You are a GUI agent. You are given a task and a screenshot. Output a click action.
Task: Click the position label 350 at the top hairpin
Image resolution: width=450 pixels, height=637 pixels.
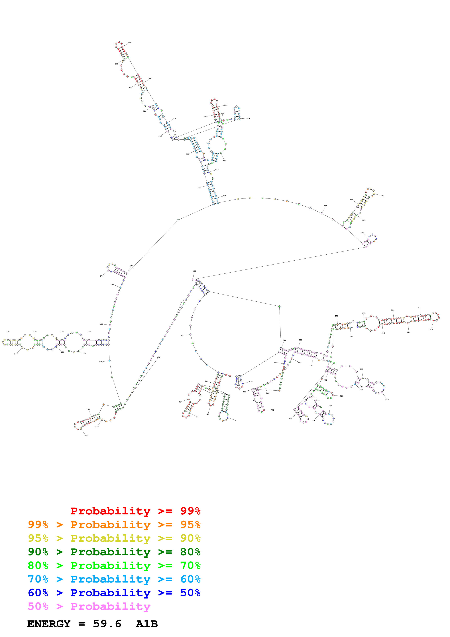[129, 43]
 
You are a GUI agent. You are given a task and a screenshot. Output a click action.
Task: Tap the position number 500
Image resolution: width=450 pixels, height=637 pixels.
[382, 196]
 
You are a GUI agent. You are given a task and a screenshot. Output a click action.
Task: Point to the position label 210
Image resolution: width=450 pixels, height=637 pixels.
[8, 332]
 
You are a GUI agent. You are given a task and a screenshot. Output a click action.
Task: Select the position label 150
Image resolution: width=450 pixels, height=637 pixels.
[86, 436]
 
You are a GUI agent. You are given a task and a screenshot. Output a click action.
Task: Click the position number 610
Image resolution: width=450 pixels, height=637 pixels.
[431, 329]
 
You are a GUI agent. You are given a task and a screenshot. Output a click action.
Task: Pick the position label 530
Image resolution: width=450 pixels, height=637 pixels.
[194, 271]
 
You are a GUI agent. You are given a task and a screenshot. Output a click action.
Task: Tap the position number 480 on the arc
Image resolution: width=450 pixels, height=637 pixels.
[325, 206]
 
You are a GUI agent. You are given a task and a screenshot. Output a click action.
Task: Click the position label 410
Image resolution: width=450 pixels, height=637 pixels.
[248, 118]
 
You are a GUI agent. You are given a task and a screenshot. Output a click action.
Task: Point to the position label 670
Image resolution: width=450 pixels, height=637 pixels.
[387, 399]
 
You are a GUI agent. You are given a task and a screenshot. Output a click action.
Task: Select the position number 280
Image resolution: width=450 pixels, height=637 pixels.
[131, 265]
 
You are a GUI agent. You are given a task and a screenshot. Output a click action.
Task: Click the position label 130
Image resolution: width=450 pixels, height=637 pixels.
[159, 357]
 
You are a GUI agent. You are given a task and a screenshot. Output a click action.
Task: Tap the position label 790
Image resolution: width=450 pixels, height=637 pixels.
[272, 410]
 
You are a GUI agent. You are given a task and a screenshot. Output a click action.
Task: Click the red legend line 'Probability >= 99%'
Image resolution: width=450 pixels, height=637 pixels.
[135, 511]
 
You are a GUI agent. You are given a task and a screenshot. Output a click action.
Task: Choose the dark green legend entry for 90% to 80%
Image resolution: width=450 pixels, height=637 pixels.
[114, 552]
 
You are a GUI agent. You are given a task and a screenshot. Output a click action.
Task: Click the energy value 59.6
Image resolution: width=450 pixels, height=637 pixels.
[107, 624]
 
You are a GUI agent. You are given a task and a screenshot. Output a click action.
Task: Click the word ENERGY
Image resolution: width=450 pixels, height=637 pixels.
[49, 624]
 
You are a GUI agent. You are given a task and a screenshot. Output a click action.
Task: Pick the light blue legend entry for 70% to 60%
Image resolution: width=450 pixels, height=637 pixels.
[114, 579]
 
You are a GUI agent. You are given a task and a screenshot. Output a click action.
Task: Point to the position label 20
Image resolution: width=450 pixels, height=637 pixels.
[236, 421]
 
